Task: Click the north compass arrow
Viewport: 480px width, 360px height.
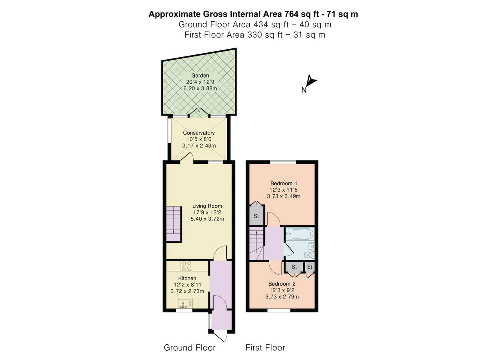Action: point(311,81)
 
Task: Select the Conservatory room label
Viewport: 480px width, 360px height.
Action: point(199,132)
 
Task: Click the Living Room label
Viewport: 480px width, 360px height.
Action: point(207,206)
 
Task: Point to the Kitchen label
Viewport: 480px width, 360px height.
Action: point(187,278)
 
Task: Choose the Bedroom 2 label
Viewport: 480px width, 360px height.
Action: point(282,284)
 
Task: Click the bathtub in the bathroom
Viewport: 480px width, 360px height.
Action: point(300,234)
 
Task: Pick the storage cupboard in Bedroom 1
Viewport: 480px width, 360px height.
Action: point(256,216)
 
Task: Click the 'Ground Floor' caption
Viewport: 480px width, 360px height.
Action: point(190,348)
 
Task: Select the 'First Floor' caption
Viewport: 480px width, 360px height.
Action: point(265,348)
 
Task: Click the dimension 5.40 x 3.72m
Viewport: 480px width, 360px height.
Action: point(207,219)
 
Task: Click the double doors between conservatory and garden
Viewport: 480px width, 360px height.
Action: point(199,113)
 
